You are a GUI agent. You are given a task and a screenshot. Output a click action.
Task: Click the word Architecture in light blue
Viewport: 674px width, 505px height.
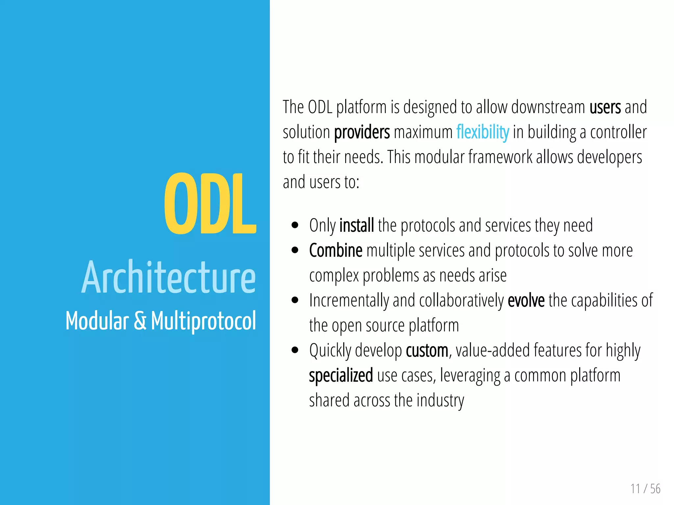tap(168, 277)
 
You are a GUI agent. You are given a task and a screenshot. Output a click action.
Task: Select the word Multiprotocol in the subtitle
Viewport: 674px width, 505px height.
tap(203, 321)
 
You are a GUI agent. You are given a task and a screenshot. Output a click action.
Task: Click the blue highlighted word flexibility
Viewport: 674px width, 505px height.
tap(482, 132)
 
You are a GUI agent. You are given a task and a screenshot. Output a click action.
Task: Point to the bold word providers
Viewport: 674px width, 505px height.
tap(362, 132)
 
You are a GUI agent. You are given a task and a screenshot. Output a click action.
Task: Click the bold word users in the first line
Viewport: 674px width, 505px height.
tap(605, 108)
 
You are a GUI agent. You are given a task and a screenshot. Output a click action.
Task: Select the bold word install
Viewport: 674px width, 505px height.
tap(356, 226)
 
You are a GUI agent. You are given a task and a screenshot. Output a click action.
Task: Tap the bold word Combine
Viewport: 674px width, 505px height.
tap(336, 251)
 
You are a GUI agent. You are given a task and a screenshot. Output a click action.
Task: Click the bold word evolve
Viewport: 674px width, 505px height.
tap(526, 301)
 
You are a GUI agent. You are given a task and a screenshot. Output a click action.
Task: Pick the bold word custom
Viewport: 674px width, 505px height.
tap(427, 350)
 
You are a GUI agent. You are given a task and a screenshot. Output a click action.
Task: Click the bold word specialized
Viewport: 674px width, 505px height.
tap(341, 375)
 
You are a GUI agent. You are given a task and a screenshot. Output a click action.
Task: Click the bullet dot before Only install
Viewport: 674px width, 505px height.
tap(295, 225)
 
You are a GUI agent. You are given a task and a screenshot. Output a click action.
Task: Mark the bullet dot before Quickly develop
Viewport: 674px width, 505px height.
tap(295, 350)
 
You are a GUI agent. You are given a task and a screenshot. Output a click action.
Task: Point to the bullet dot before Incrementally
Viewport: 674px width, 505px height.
tap(295, 300)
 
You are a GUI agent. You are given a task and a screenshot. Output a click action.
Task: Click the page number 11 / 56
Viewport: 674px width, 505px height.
tap(645, 489)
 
